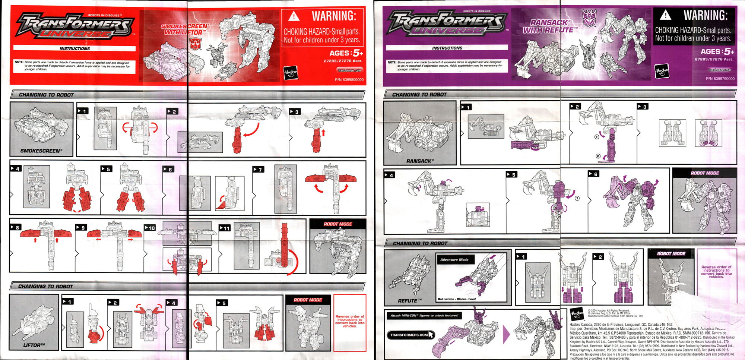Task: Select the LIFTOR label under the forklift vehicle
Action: pyautogui.click(x=34, y=345)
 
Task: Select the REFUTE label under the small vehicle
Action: pyautogui.click(x=409, y=301)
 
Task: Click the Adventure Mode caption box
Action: pyautogui.click(x=454, y=259)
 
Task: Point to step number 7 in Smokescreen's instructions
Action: pyautogui.click(x=258, y=170)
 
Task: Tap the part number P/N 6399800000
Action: pyautogui.click(x=349, y=80)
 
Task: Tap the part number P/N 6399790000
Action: pyautogui.click(x=720, y=79)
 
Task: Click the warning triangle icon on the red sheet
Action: pyautogui.click(x=294, y=16)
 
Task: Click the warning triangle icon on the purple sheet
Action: pyautogui.click(x=666, y=15)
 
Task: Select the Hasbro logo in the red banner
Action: pyautogui.click(x=291, y=72)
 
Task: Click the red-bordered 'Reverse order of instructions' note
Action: pyautogui.click(x=349, y=321)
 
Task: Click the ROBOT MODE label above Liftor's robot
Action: pyautogui.click(x=307, y=300)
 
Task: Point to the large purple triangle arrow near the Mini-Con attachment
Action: pyautogui.click(x=506, y=334)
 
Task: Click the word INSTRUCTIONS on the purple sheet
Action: pyautogui.click(x=447, y=48)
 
